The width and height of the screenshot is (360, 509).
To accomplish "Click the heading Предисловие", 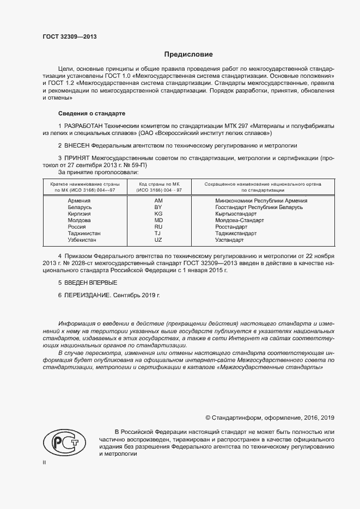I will coord(189,55).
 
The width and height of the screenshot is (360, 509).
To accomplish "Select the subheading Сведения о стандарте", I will coord(91,113).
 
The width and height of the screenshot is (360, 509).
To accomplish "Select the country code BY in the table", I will coord(158,207).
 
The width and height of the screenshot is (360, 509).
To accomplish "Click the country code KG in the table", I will coord(158,214).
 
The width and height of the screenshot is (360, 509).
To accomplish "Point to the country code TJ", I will coord(158,234).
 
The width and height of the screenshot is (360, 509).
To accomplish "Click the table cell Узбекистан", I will coord(82,240).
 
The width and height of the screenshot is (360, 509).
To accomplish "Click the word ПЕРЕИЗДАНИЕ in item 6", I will coord(88,296).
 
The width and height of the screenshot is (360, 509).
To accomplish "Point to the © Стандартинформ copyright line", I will coord(270,418).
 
